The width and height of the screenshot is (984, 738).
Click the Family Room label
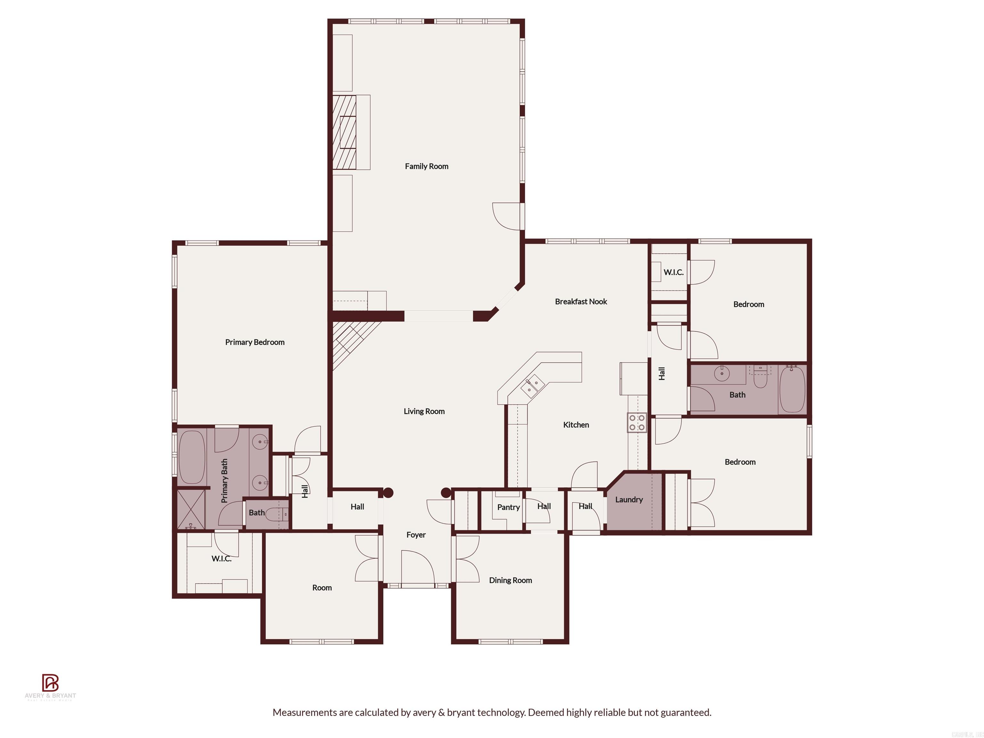coord(426,166)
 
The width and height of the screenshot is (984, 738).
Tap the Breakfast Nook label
coord(580,302)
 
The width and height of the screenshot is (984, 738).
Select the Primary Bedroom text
coord(254,342)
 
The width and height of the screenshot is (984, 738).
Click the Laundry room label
coord(628,500)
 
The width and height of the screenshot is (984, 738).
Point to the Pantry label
coord(508,507)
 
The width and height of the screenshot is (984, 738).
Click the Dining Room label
coord(510,580)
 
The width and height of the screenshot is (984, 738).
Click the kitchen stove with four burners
coord(636,422)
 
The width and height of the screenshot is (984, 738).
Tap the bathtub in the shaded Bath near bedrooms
coord(792,389)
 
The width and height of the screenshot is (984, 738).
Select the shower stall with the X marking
coord(191,509)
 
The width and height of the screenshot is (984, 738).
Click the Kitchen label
coord(576,425)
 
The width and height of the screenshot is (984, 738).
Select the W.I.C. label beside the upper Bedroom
coord(673,272)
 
